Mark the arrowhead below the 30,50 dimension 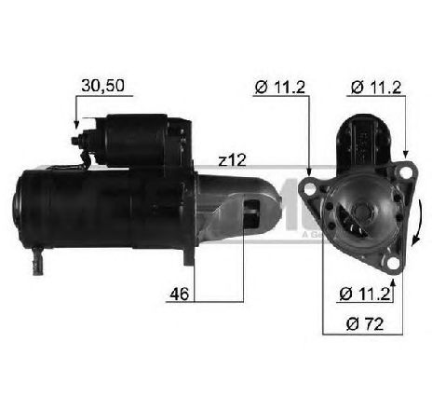[x=76, y=124]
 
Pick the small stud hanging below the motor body [x=39, y=253]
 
